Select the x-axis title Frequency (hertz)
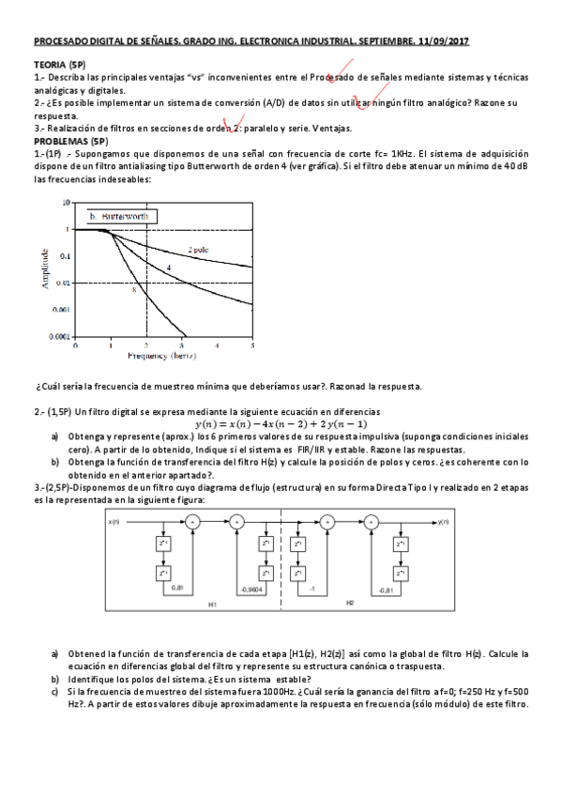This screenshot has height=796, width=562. [164, 356]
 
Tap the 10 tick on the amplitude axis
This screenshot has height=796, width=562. [65, 202]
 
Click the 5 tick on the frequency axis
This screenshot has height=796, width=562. [252, 345]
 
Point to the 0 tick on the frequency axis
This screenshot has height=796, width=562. [75, 345]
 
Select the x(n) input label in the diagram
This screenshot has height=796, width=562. [114, 522]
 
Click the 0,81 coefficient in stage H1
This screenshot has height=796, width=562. [177, 588]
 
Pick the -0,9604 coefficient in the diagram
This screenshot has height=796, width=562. [251, 588]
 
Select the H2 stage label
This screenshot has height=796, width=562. [349, 603]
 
